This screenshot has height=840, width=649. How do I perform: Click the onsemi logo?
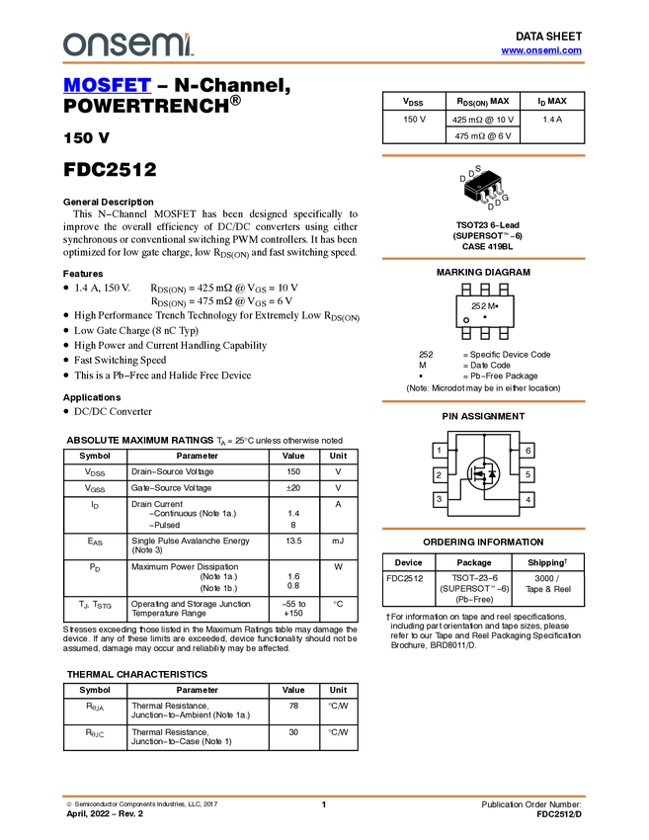pyautogui.click(x=127, y=44)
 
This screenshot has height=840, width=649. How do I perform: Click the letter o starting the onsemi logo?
pyautogui.click(x=72, y=45)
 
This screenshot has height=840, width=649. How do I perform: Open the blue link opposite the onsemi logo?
pyautogui.click(x=541, y=50)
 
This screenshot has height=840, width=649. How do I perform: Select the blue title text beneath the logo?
pyautogui.click(x=107, y=86)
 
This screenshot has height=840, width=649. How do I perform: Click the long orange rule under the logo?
pyautogui.click(x=324, y=63)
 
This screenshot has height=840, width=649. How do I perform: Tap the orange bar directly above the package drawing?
pyautogui.click(x=483, y=155)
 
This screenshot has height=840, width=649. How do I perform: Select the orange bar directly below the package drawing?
pyautogui.click(x=483, y=259)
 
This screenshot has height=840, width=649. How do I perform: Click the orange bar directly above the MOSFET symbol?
pyautogui.click(x=483, y=401)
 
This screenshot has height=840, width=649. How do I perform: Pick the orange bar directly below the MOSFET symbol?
pyautogui.click(x=483, y=529)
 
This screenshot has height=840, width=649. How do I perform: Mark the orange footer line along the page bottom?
pyautogui.click(x=324, y=796)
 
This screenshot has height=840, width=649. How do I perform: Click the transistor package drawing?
pyautogui.click(x=484, y=190)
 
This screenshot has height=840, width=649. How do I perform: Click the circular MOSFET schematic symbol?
pyautogui.click(x=484, y=474)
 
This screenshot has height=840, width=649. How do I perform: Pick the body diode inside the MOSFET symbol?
pyautogui.click(x=492, y=475)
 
